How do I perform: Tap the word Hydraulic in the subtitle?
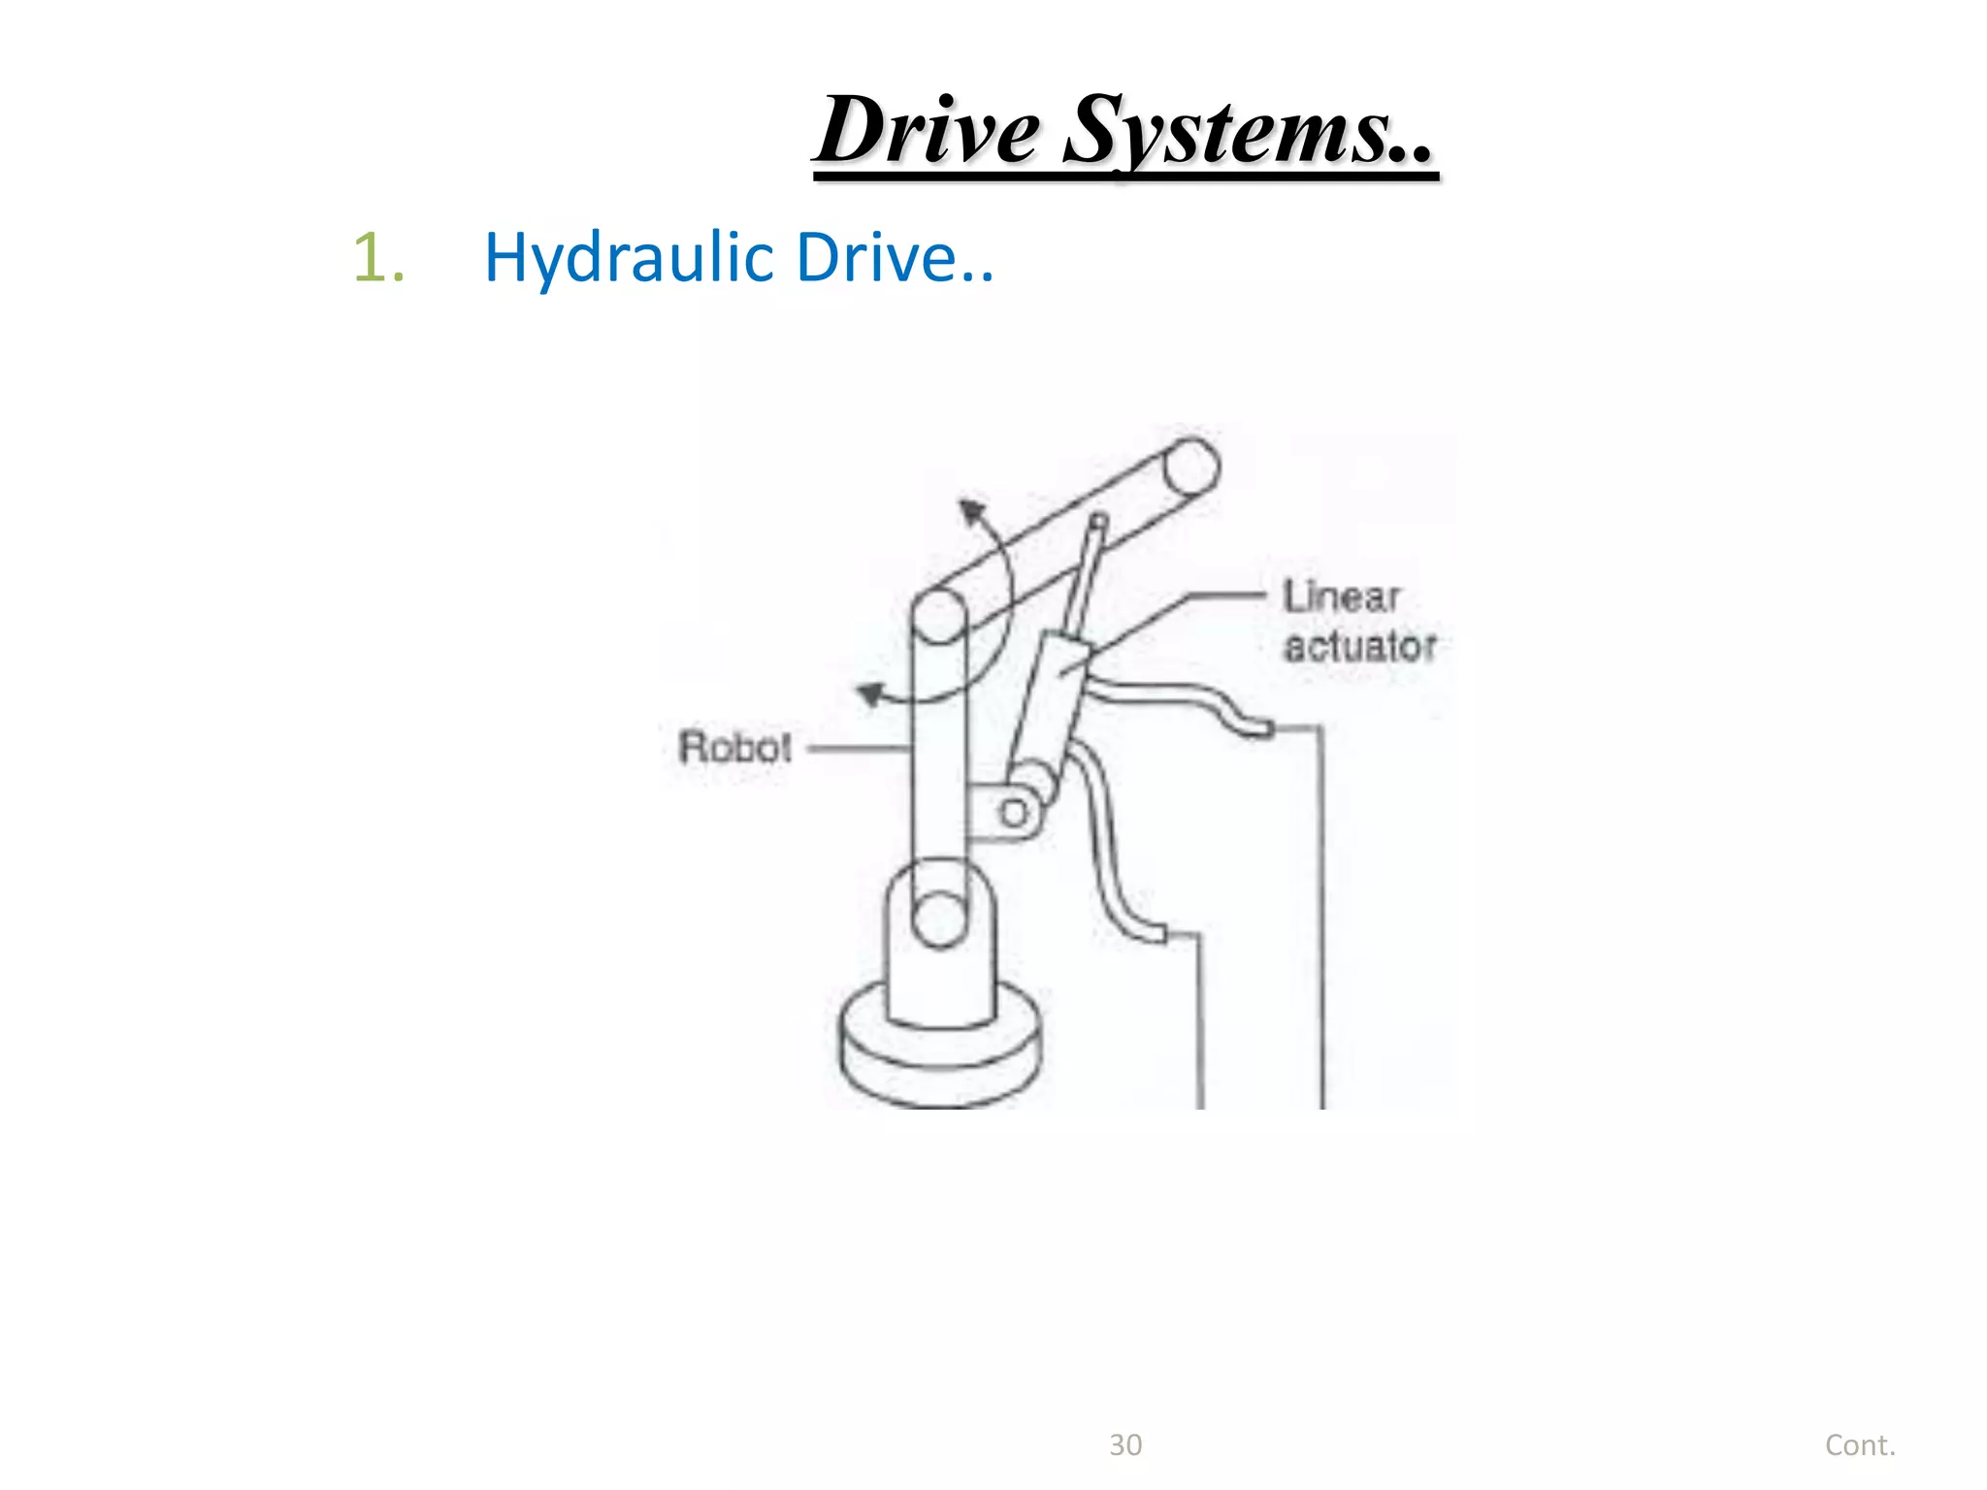coord(628,258)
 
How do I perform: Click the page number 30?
coord(1125,1445)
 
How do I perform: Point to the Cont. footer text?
coord(1860,1445)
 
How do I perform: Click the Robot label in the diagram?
coord(734,748)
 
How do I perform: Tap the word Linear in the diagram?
coord(1342,597)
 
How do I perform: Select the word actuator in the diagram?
coord(1359,647)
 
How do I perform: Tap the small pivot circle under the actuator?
coord(1014,813)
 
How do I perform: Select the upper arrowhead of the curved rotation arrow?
coord(971,510)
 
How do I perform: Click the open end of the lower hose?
coord(1156,933)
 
